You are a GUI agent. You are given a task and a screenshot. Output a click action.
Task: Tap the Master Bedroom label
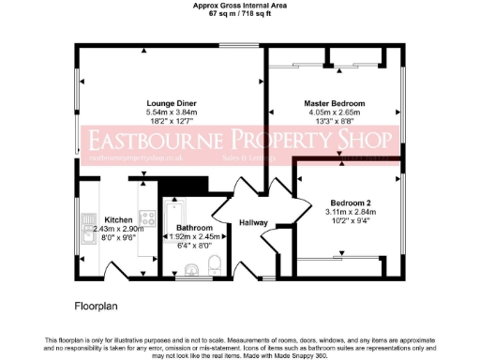334,102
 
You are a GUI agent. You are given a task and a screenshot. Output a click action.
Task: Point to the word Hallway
253,222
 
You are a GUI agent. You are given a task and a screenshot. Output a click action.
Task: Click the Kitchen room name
118,218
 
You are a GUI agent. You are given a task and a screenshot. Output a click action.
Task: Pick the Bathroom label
194,228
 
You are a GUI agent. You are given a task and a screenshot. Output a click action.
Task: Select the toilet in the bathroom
215,262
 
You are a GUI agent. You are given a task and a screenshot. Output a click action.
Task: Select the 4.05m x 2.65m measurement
334,112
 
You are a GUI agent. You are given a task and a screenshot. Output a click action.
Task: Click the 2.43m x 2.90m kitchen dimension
118,228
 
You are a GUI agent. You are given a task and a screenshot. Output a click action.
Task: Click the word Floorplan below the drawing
94,306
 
